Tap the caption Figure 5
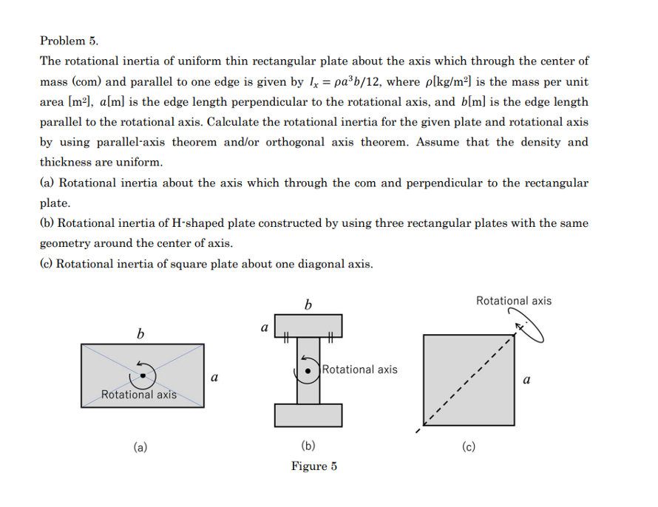pos(313,466)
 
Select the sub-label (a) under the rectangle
pos(140,446)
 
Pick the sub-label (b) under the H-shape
pos(308,446)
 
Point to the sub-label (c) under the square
pos(468,446)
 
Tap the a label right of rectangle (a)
pos(214,378)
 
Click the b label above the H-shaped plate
pos(308,304)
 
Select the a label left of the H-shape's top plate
pos(264,326)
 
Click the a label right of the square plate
pos(526,381)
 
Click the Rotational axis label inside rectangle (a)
pos(139,394)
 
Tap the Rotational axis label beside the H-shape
pos(359,370)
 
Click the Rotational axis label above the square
pos(513,301)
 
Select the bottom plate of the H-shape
pos(308,415)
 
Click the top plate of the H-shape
pos(308,325)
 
